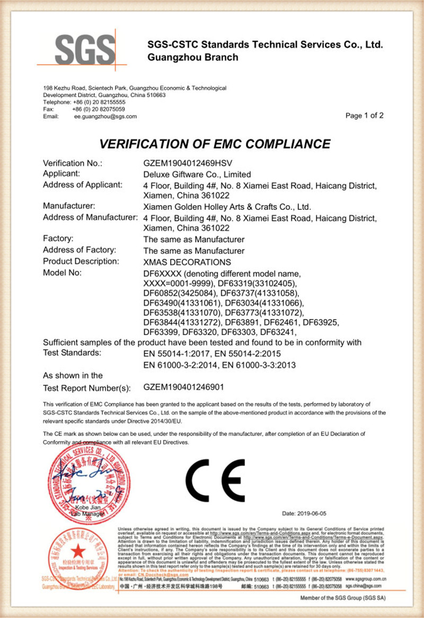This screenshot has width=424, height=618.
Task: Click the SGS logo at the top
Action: [79, 49]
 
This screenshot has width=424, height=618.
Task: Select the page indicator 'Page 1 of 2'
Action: [364, 116]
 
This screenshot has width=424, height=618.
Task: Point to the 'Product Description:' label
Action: [81, 261]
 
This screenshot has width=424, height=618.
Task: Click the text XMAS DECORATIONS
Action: [187, 262]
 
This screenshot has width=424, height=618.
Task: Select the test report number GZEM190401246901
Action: [191, 388]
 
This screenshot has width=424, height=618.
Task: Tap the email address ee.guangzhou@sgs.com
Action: [105, 116]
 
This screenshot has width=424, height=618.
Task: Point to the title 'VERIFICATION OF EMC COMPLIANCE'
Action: [215, 144]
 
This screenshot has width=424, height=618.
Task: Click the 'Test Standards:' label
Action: [72, 352]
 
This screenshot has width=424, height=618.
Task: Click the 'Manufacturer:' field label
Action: [69, 206]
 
